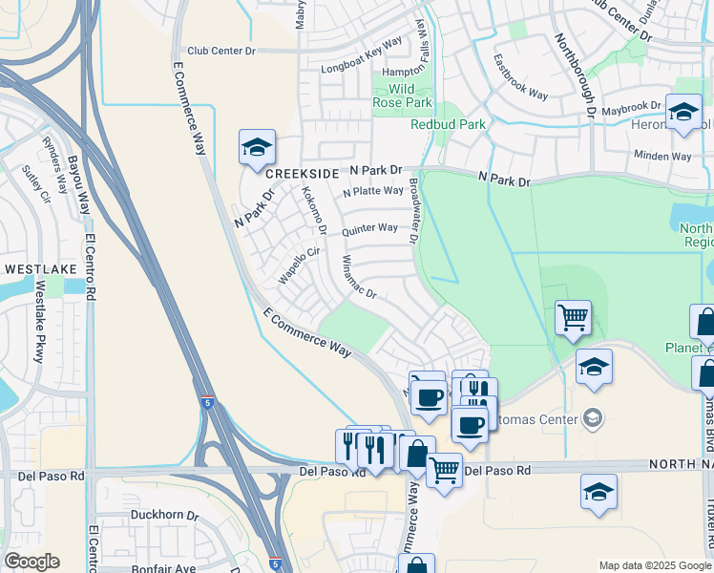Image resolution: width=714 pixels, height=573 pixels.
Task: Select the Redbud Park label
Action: (448, 124)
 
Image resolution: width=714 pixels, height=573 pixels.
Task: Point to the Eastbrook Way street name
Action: (520, 76)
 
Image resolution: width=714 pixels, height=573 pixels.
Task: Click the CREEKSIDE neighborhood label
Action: (302, 174)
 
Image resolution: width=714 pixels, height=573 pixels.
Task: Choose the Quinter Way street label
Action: (369, 229)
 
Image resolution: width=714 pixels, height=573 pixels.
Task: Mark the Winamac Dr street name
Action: (359, 278)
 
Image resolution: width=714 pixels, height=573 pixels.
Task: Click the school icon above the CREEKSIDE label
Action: (257, 147)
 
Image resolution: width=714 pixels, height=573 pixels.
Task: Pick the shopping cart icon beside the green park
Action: (572, 317)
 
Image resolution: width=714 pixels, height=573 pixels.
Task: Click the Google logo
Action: (31, 562)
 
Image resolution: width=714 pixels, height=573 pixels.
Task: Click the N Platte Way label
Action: (373, 191)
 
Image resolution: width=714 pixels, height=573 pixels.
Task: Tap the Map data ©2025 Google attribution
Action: (654, 565)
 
